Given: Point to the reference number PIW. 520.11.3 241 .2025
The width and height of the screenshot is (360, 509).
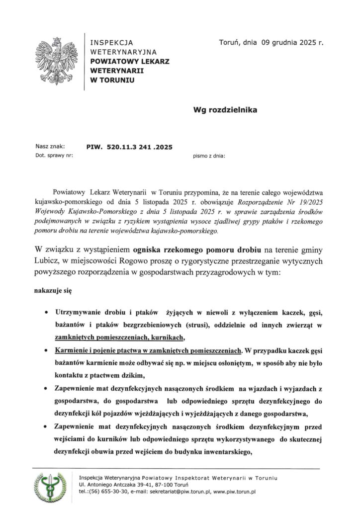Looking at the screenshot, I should click(129, 147).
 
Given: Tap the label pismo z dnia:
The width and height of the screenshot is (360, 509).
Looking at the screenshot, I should click(209, 156).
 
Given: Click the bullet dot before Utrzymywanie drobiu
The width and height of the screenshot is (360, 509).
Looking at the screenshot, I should click(46, 314).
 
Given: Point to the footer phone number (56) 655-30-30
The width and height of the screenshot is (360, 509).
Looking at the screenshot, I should click(108, 492).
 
